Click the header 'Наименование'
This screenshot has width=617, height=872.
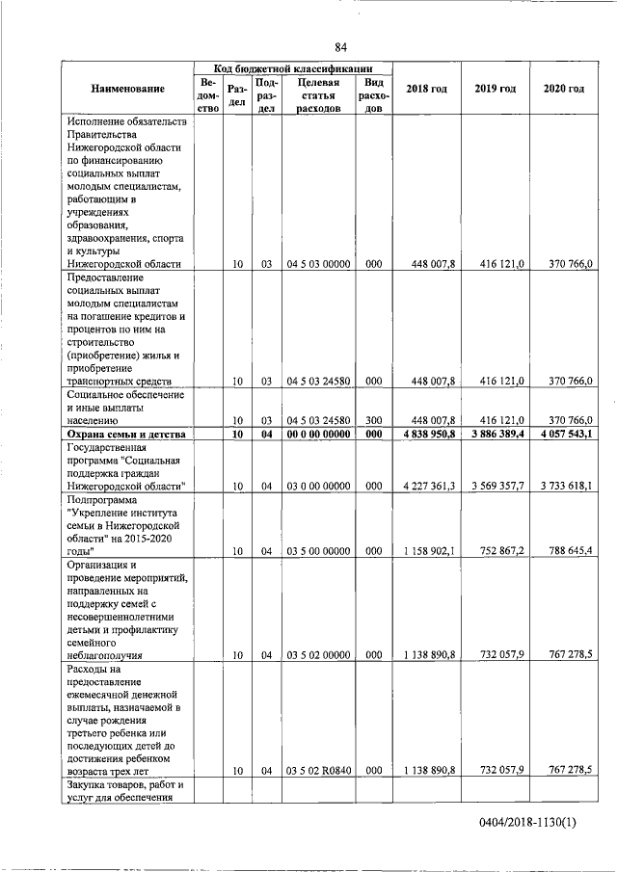127,89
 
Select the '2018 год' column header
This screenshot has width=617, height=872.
426,89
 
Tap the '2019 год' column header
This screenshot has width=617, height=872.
495,89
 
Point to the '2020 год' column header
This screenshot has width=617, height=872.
563,89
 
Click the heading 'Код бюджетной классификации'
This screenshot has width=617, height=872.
292,68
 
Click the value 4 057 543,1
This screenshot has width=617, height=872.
565,436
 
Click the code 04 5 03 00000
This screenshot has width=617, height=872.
317,263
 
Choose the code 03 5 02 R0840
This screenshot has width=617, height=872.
317,770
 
